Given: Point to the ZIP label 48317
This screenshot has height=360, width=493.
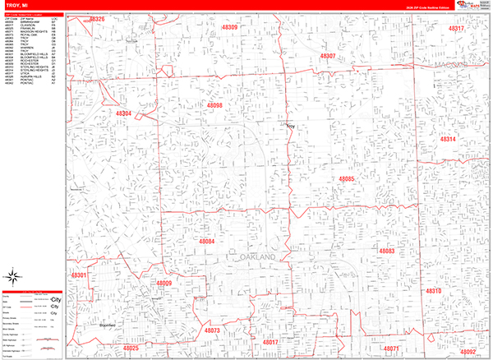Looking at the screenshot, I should pyautogui.click(x=456, y=29).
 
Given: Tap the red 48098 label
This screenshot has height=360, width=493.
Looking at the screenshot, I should pyautogui.click(x=214, y=105).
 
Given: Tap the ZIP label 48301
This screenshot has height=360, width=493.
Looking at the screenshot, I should pyautogui.click(x=79, y=275).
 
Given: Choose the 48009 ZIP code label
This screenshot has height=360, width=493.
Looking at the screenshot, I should pyautogui.click(x=163, y=284).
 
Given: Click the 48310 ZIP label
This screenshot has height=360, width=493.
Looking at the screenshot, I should pyautogui.click(x=434, y=291).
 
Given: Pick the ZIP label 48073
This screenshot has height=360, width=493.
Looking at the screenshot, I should pyautogui.click(x=212, y=330).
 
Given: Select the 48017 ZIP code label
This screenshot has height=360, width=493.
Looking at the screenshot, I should pyautogui.click(x=270, y=341).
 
